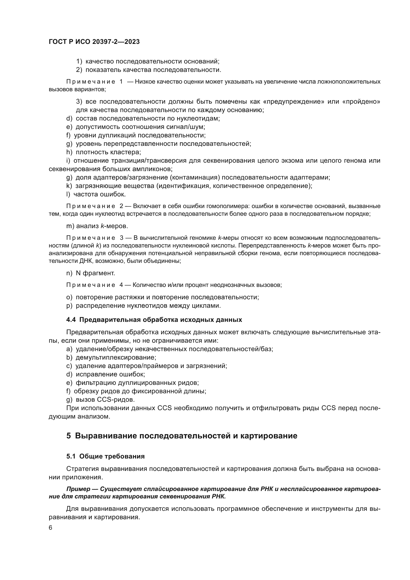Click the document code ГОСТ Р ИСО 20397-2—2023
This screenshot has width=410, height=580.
coord(94,42)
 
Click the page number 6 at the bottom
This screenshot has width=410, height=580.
coord(51,528)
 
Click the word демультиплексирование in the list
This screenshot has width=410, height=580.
coord(116,357)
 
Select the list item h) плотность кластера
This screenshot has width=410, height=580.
coord(104,152)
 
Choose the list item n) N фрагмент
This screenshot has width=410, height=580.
coord(90,273)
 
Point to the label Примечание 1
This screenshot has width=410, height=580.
coord(94,82)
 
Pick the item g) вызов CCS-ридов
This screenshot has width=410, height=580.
coord(100,399)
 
